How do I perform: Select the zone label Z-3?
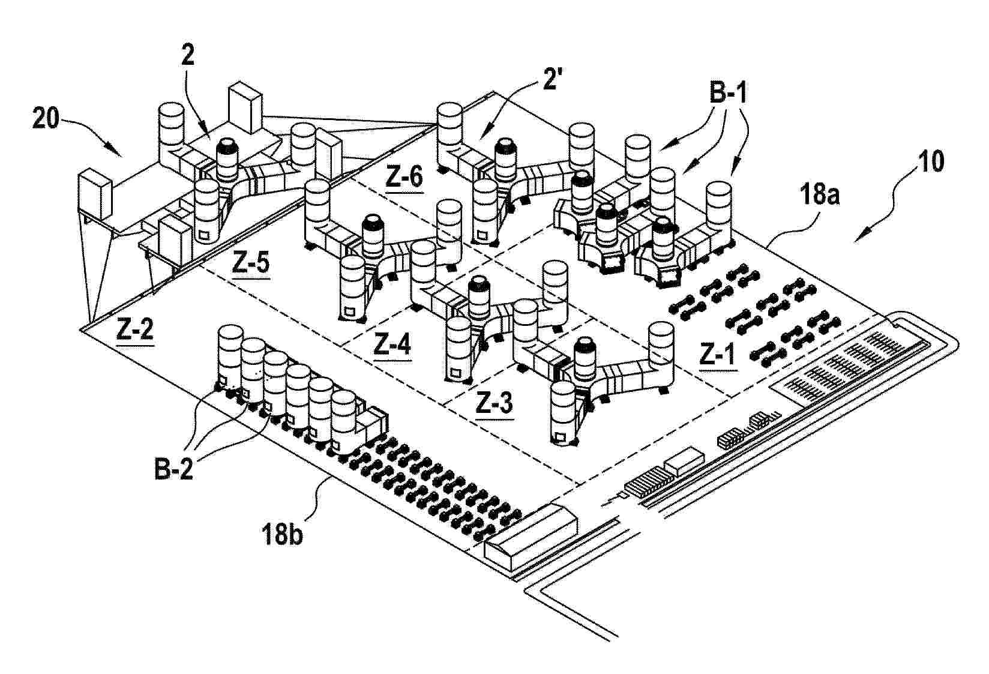pos(495,404)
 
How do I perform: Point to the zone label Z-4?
pos(392,344)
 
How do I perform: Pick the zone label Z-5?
pos(250,265)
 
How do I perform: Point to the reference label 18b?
pos(282,533)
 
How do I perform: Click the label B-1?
pos(721,94)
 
